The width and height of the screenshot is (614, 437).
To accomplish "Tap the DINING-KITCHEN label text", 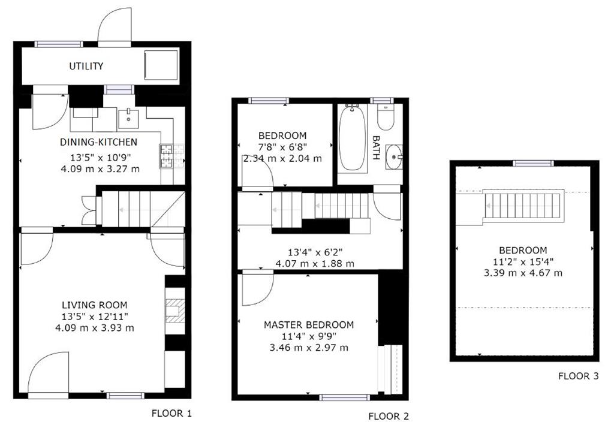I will [98, 143].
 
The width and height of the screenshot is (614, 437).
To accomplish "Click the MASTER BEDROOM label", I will [309, 325].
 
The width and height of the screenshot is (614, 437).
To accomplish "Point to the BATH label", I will [376, 147].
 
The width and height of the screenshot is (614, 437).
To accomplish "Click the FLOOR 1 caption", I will [171, 413].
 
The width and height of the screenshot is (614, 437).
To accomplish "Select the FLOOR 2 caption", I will [389, 416].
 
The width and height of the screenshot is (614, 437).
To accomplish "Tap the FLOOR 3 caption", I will [578, 376].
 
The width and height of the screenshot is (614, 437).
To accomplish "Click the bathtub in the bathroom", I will [352, 139].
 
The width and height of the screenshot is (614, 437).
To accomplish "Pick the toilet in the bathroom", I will [386, 117].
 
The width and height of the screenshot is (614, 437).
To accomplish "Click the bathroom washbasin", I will [393, 157].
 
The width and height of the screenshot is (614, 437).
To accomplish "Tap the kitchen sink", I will [128, 119].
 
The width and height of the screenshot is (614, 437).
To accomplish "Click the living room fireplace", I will [174, 311].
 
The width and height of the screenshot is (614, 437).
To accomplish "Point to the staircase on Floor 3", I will [523, 205].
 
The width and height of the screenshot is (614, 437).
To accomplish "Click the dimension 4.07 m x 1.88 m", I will [314, 263].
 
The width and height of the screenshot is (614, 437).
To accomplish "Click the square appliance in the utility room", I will [161, 65].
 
